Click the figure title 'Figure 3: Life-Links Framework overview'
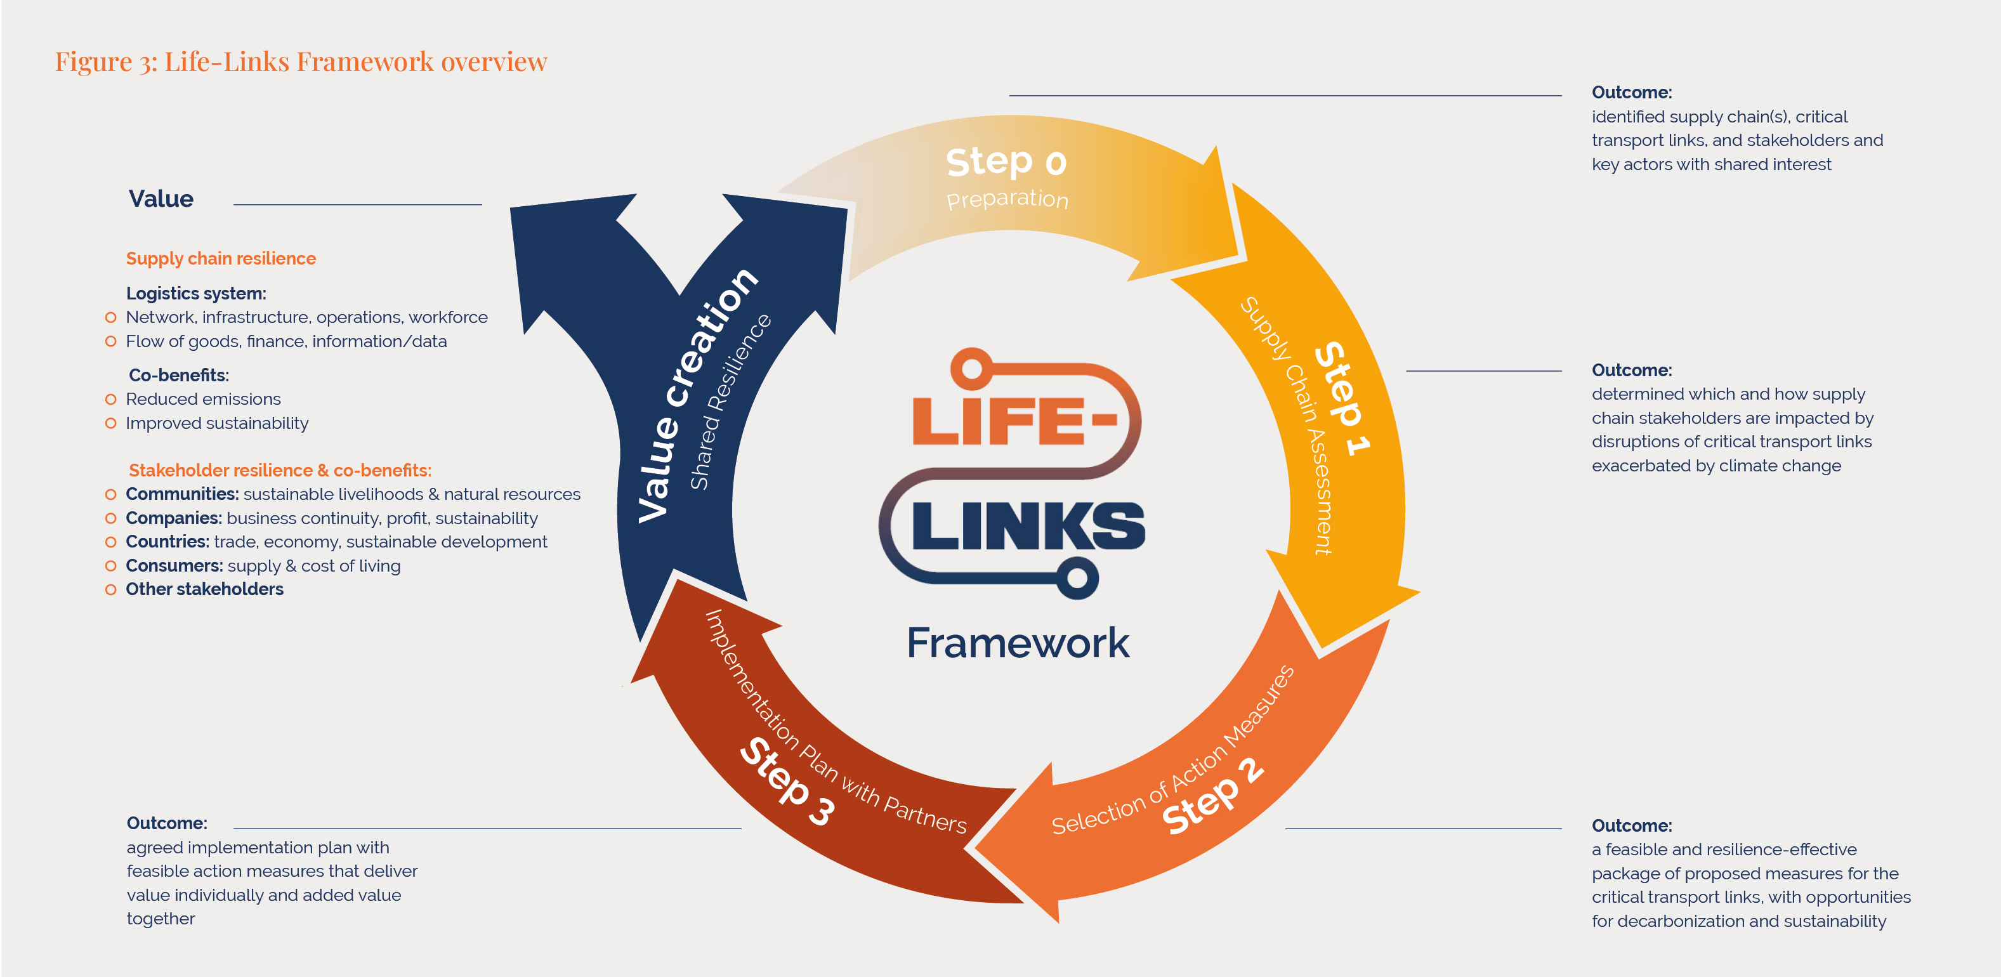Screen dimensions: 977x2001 (x=301, y=62)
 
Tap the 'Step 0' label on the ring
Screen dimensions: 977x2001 (x=1006, y=162)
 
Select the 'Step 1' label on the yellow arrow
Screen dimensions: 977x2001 (x=1342, y=398)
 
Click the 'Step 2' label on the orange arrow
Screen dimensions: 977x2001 (x=1212, y=797)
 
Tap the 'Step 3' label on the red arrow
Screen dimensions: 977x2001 (x=787, y=780)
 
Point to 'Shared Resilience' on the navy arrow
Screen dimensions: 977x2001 (x=730, y=402)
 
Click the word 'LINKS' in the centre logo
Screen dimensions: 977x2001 (x=1028, y=527)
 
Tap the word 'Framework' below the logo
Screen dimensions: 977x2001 (x=1018, y=643)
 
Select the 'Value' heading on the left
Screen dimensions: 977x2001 (x=161, y=199)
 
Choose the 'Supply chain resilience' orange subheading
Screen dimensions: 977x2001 (x=221, y=259)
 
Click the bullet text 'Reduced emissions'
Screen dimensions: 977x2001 (x=203, y=399)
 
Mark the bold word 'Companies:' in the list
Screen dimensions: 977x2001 (x=173, y=518)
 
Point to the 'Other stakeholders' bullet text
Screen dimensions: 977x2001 (x=204, y=589)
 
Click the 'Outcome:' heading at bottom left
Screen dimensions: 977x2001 (x=167, y=823)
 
